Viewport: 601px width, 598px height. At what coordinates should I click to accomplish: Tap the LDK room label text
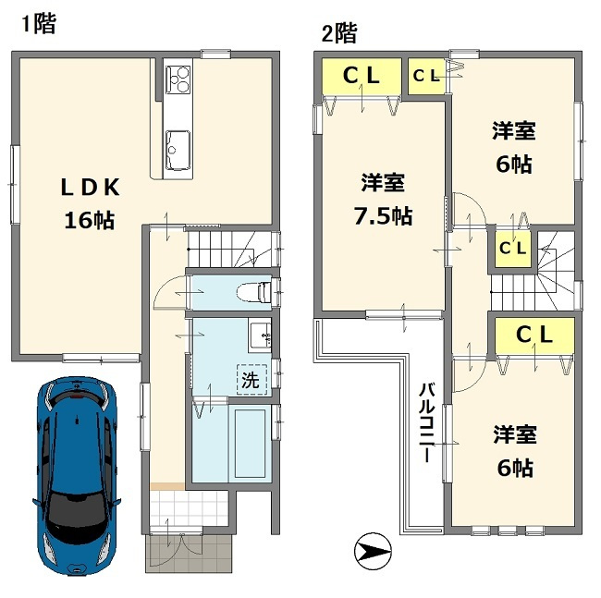(x=91, y=188)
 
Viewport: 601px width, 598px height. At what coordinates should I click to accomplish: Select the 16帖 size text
(x=90, y=221)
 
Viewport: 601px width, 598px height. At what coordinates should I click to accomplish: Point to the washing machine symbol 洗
(x=251, y=379)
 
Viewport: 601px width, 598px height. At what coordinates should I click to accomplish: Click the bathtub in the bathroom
(x=251, y=444)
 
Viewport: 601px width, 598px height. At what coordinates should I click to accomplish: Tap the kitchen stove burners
(x=178, y=79)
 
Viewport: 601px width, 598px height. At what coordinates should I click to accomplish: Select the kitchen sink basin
(x=178, y=150)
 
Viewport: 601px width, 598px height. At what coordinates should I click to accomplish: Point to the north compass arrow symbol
(x=373, y=551)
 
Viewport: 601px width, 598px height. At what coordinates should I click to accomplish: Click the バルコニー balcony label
(x=426, y=422)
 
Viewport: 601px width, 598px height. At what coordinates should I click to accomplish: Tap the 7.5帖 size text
(x=383, y=216)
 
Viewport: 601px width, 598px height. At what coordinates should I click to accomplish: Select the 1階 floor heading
(x=39, y=24)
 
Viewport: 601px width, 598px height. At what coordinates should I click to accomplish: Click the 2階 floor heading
(x=339, y=33)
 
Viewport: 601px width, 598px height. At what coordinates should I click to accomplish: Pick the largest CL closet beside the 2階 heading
(x=362, y=76)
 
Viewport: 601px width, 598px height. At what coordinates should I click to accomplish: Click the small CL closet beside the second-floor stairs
(x=512, y=249)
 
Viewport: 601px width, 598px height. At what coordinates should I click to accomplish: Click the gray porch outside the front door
(x=189, y=553)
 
